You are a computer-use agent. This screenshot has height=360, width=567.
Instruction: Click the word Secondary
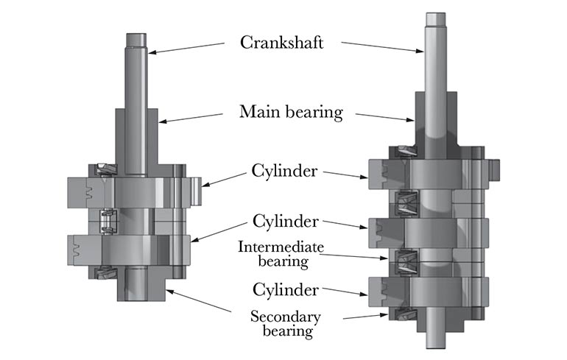(x=281, y=317)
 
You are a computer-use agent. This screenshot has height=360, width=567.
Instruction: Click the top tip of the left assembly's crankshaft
(x=136, y=37)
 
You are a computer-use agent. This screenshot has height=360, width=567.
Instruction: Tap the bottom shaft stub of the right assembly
(x=437, y=335)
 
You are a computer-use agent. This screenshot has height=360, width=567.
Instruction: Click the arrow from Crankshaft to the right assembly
(x=383, y=46)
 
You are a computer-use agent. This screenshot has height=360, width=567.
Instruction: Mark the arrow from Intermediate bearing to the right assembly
(x=358, y=255)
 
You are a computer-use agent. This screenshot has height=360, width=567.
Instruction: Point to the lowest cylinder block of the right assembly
(x=434, y=292)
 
